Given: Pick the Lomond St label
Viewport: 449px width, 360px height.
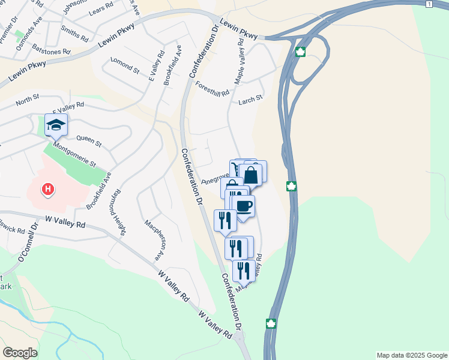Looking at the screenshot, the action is pyautogui.click(x=124, y=65).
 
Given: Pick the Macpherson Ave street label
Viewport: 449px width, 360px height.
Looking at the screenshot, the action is pyautogui.click(x=154, y=239).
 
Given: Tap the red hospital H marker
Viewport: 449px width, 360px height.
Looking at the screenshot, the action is pyautogui.click(x=48, y=190).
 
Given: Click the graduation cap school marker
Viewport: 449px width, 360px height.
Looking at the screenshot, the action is pyautogui.click(x=56, y=125).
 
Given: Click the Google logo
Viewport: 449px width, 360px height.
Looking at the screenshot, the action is pyautogui.click(x=20, y=353).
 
